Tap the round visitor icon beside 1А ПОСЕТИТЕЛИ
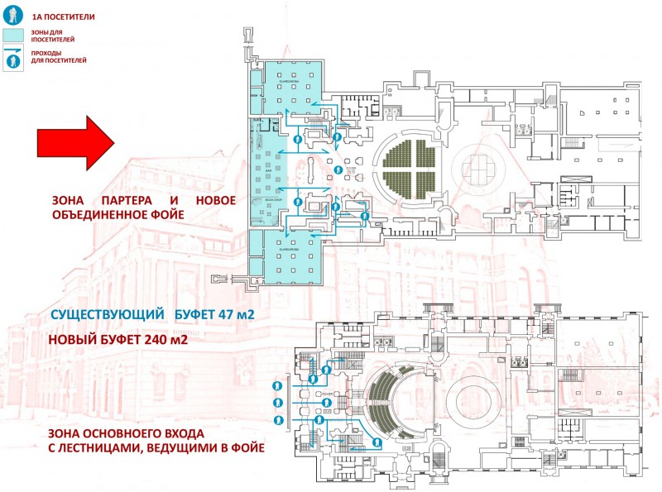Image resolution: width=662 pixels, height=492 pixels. click(x=12, y=13)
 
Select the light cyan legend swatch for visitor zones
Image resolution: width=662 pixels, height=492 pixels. click(x=13, y=36)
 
